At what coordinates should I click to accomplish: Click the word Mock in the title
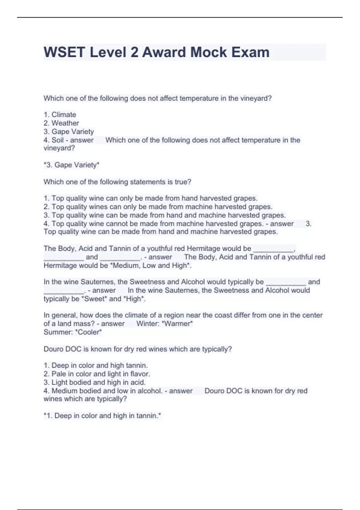pos(208,52)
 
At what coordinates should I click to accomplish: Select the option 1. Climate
pos(60,115)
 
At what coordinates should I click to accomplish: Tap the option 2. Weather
pos(61,123)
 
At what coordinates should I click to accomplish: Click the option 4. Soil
pos(54,140)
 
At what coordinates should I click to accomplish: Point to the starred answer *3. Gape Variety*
pos(71,165)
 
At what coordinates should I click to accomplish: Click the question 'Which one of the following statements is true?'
pos(117,182)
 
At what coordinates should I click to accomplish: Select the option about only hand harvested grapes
pos(151,198)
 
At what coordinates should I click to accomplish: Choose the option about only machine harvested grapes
pos(158,207)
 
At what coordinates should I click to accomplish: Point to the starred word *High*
pos(134,299)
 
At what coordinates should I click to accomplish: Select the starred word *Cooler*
pos(90,332)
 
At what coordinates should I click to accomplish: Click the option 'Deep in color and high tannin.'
pos(96,365)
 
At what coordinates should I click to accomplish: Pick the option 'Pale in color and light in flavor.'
pos(97,374)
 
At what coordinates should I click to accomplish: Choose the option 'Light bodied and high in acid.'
pos(94,382)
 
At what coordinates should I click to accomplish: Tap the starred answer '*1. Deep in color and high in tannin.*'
pos(102,416)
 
